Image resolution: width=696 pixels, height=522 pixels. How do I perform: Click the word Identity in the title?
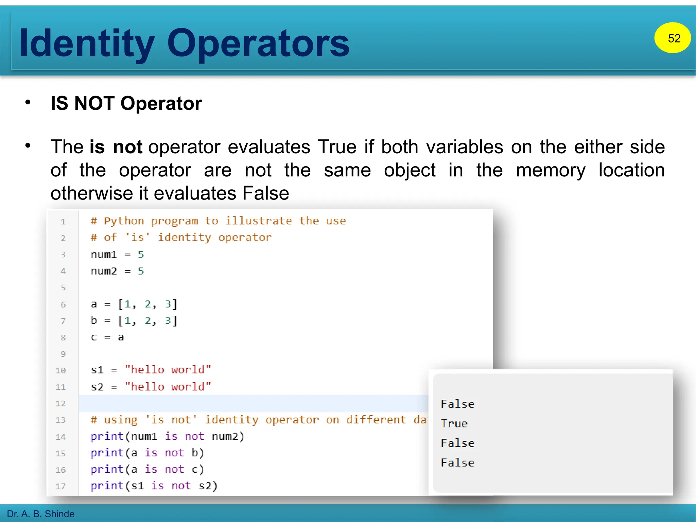click(x=87, y=43)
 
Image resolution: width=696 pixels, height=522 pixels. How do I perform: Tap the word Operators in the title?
click(x=258, y=43)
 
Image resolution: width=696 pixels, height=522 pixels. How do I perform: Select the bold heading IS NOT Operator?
click(x=126, y=103)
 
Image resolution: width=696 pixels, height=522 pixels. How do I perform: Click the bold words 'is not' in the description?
click(x=116, y=147)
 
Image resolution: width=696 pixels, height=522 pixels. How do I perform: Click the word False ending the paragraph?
click(x=265, y=193)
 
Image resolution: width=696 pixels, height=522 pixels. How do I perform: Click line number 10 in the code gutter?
click(x=60, y=370)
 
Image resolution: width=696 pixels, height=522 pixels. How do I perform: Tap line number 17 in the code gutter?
click(x=60, y=486)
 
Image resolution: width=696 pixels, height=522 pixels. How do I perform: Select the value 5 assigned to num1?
click(x=141, y=255)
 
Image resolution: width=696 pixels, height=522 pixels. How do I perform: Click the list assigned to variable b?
click(x=147, y=321)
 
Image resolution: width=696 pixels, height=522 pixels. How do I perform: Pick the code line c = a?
click(x=107, y=337)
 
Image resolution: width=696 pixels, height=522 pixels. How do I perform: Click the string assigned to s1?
click(x=168, y=370)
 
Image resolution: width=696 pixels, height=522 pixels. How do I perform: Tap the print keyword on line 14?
click(x=107, y=436)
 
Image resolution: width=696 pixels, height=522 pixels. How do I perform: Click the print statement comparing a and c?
click(x=147, y=470)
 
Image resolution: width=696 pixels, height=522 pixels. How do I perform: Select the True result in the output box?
click(x=454, y=424)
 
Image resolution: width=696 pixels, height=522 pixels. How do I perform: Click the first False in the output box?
click(x=457, y=404)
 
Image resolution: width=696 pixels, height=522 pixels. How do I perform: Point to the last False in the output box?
click(x=457, y=463)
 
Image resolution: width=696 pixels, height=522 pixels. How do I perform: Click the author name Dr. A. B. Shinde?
click(x=40, y=514)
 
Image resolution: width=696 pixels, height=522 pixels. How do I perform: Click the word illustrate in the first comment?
click(x=259, y=221)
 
